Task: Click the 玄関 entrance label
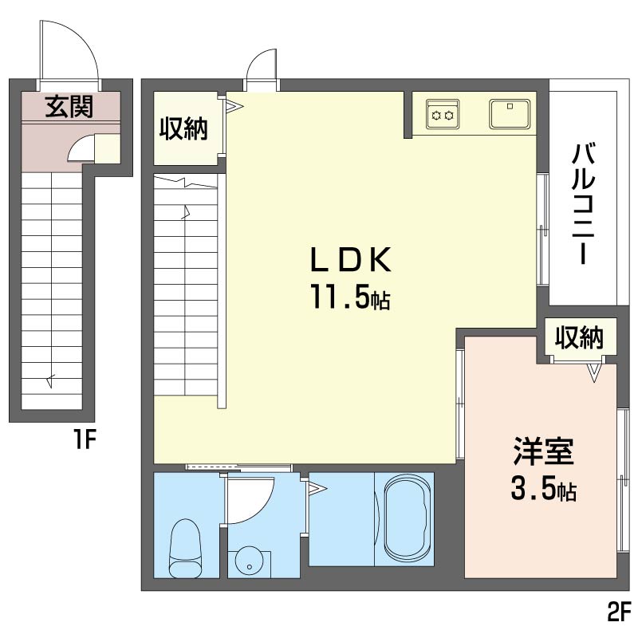coord(69,107)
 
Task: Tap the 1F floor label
coord(85,439)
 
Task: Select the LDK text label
coord(351,260)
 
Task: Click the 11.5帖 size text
coord(351,296)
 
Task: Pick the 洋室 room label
coord(544,451)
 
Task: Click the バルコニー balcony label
coord(584,203)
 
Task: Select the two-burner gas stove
coord(443,115)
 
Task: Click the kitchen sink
coord(510,114)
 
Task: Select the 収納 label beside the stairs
coord(183,128)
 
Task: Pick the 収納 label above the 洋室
coord(580,337)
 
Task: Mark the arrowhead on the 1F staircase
coord(50,380)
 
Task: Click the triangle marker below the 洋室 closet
coord(594,372)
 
